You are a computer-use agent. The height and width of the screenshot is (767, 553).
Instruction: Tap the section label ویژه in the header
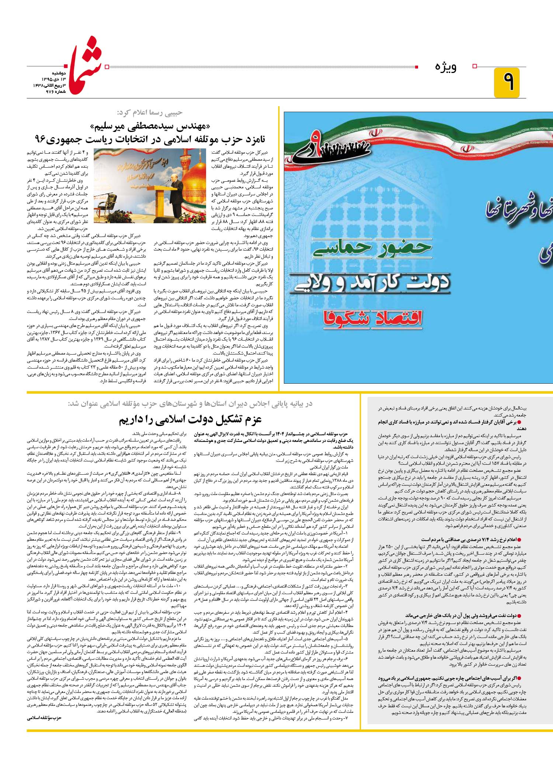click(x=446, y=67)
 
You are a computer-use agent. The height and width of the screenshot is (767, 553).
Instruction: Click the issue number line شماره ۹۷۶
click(x=55, y=91)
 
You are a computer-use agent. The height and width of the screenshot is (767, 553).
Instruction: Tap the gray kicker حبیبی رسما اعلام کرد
click(x=150, y=112)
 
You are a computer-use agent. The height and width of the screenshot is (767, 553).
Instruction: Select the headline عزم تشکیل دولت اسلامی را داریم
click(x=190, y=420)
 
